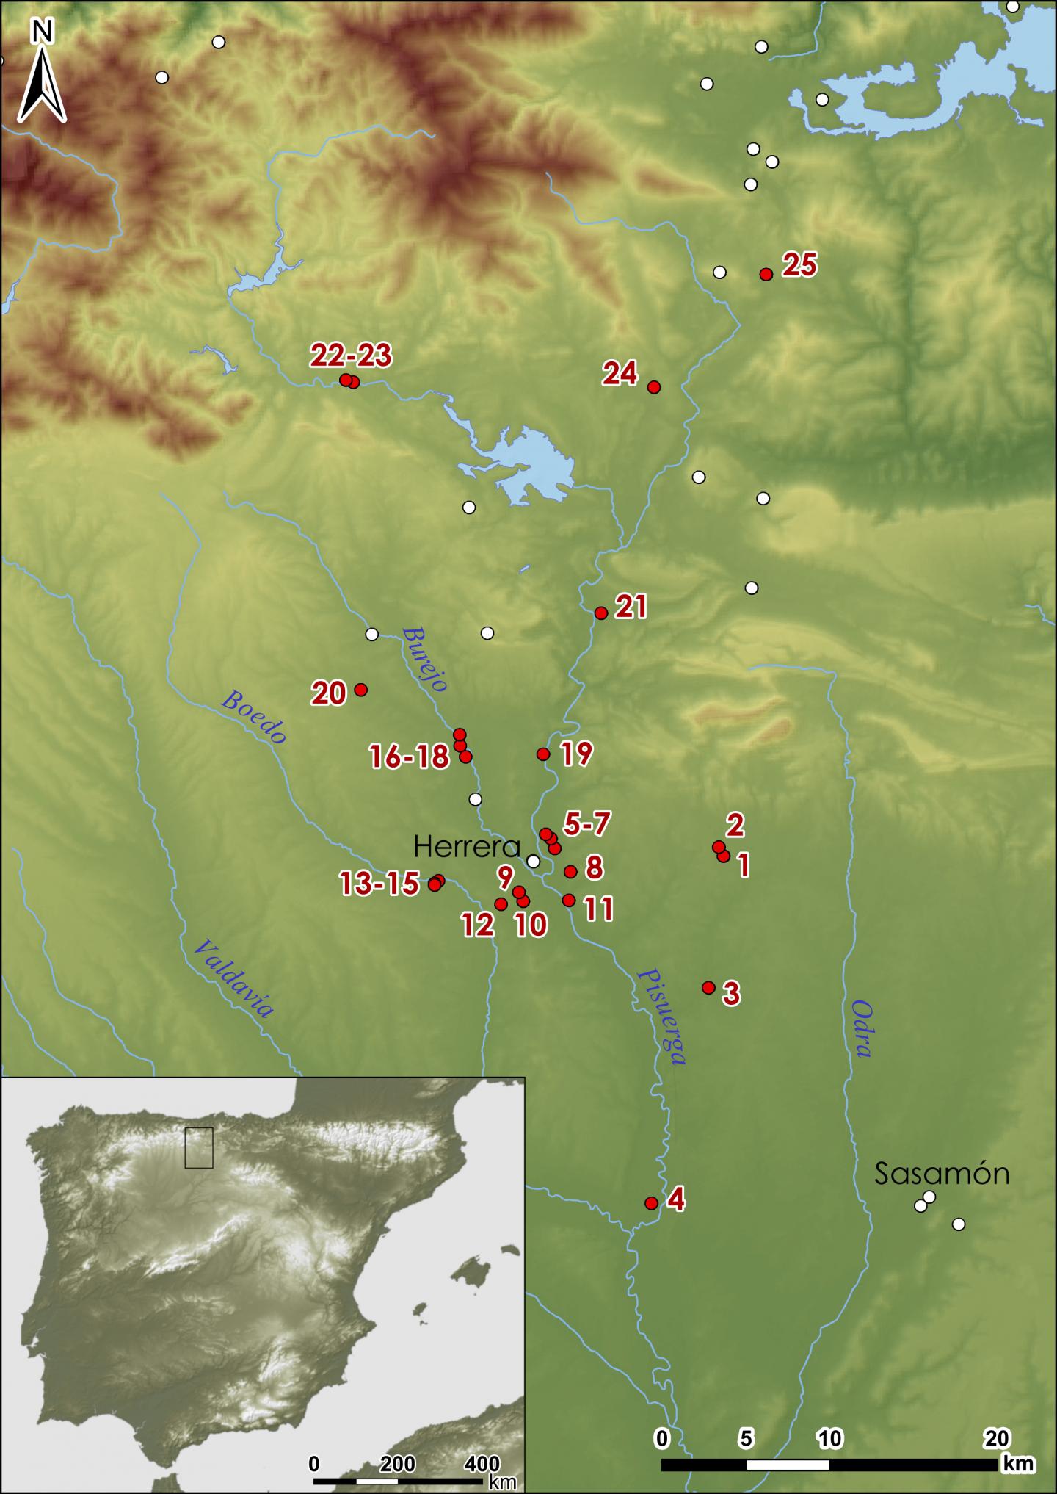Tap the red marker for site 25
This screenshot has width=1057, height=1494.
766,274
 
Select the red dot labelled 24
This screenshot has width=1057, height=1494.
654,387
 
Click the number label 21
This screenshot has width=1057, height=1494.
631,607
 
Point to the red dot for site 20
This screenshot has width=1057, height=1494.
360,689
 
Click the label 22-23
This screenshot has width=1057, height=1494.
351,356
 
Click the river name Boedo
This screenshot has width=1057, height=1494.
253,717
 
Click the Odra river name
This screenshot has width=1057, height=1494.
862,1028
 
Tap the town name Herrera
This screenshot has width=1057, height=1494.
467,848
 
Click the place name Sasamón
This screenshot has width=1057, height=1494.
942,1174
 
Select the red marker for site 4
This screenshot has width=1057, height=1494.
650,1203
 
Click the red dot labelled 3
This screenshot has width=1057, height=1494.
708,987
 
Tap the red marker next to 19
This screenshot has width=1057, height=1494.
543,754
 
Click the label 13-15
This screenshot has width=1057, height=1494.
380,884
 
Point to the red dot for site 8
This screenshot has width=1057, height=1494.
570,871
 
